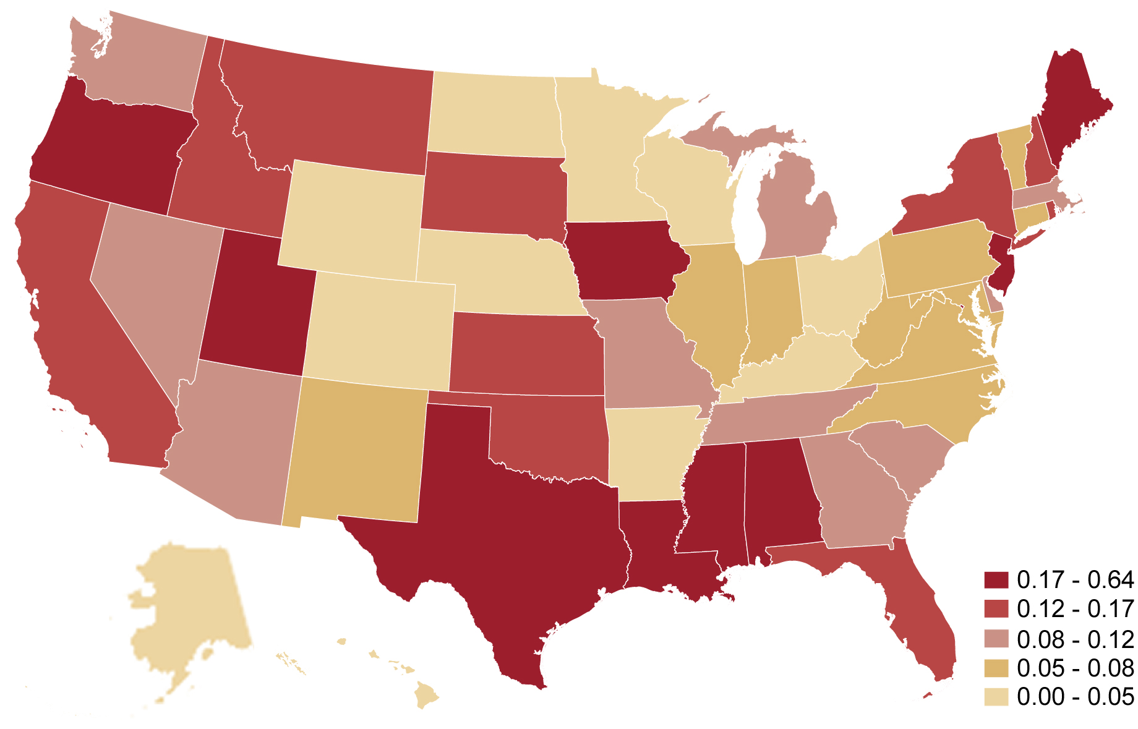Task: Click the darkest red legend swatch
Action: tap(996, 580)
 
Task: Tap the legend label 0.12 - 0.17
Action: tap(1075, 609)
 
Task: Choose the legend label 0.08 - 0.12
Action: tap(1075, 639)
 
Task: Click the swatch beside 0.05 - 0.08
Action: tap(996, 668)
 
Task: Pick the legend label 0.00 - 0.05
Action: tap(1075, 697)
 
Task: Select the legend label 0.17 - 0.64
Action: tap(1075, 580)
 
